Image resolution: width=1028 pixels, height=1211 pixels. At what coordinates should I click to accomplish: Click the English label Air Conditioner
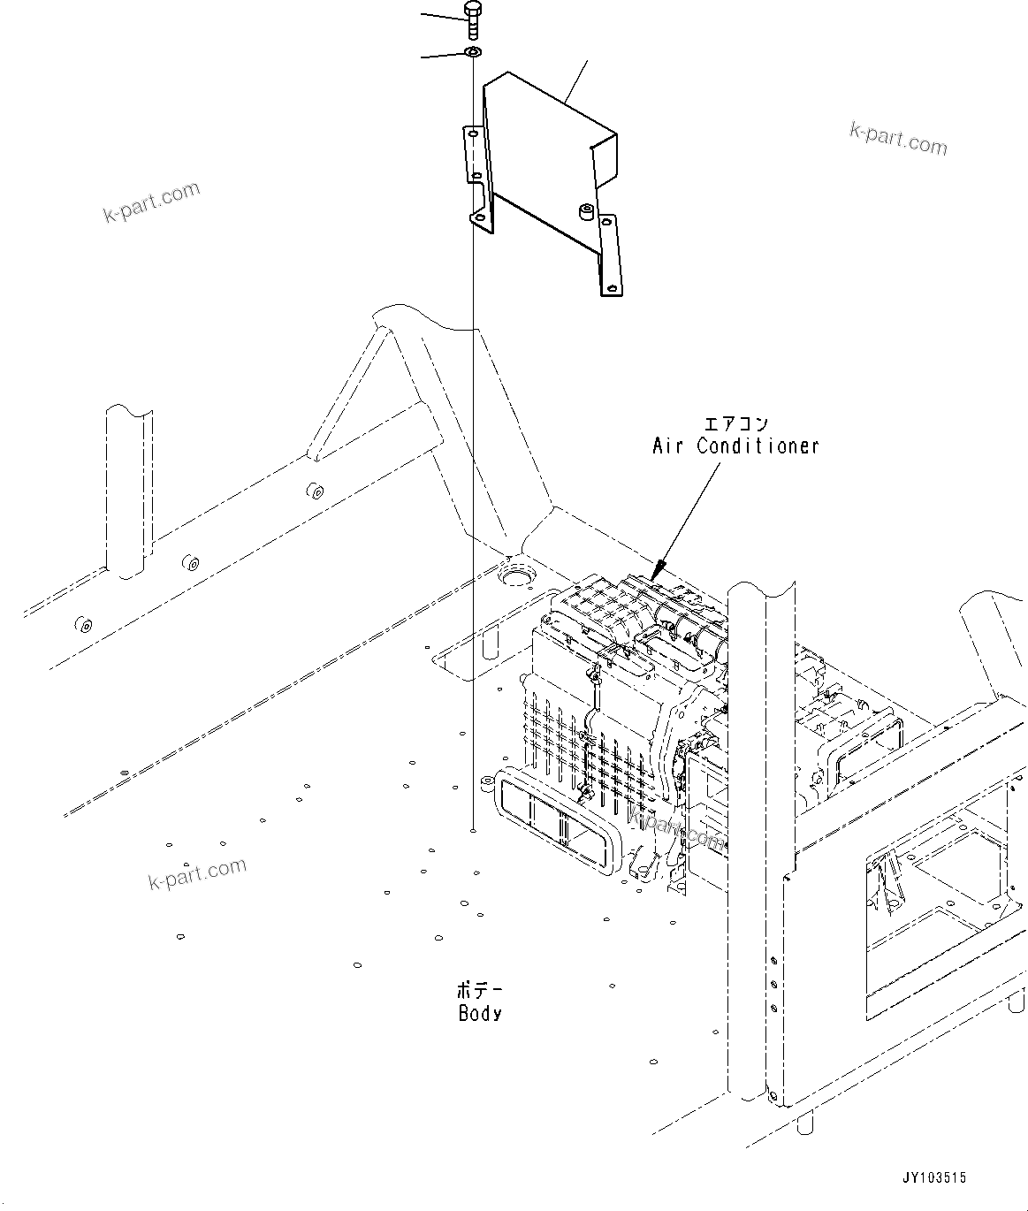tap(735, 446)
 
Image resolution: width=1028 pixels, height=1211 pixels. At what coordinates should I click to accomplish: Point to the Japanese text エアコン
tap(735, 423)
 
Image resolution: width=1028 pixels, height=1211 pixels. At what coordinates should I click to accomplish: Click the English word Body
tap(480, 1014)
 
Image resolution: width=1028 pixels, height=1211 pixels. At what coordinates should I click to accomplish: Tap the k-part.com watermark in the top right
tap(898, 138)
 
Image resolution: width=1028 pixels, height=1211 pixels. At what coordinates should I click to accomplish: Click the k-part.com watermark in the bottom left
tap(197, 873)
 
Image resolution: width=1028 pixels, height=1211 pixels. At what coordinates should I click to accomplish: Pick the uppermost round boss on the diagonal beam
tap(311, 491)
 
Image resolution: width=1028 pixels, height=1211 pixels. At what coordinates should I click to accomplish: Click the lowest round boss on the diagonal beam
tap(83, 625)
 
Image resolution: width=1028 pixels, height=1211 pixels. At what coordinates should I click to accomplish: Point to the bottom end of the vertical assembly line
tap(474, 831)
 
